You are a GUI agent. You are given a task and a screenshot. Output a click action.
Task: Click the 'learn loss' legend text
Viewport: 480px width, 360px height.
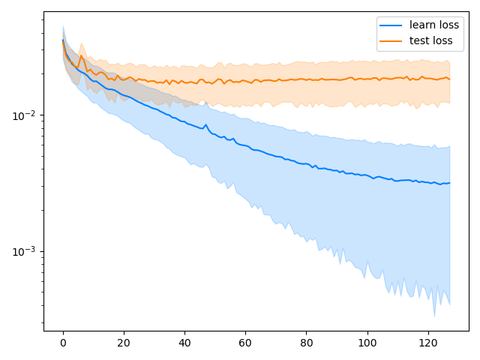(x=434, y=25)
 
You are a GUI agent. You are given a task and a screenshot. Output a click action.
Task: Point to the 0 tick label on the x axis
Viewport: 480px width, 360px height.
(x=63, y=343)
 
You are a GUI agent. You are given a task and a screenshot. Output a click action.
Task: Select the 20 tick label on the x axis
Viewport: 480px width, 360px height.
(x=124, y=343)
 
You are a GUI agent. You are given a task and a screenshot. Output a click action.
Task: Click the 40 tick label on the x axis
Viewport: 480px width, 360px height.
(x=184, y=343)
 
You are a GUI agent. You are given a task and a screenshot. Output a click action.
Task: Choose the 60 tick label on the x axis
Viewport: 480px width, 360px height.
(x=245, y=343)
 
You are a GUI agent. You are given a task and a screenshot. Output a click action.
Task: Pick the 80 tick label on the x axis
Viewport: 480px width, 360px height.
(x=306, y=343)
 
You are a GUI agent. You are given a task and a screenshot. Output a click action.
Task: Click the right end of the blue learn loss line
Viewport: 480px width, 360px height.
(x=449, y=183)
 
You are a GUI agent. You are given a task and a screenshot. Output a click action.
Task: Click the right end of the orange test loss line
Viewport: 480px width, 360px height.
(x=449, y=79)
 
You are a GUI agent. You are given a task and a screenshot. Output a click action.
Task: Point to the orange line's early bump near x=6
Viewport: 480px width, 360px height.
(x=81, y=56)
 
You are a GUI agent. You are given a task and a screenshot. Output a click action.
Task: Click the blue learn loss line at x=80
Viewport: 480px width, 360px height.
(x=306, y=163)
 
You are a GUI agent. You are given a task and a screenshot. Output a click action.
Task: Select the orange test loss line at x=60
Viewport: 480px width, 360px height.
(x=245, y=81)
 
